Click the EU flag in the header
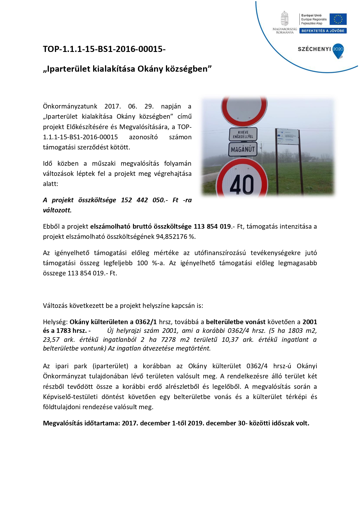[x=338, y=19]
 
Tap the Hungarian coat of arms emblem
[x=285, y=19]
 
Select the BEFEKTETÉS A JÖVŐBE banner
[x=323, y=31]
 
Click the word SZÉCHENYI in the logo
[x=314, y=49]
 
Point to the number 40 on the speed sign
[x=242, y=184]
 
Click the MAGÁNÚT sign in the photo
[x=243, y=149]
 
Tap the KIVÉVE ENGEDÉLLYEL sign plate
[x=243, y=134]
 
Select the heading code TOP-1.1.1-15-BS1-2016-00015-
[x=104, y=49]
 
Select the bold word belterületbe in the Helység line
[x=225, y=322]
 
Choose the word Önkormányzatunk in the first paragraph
[x=70, y=106]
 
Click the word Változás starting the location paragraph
[x=55, y=306]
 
